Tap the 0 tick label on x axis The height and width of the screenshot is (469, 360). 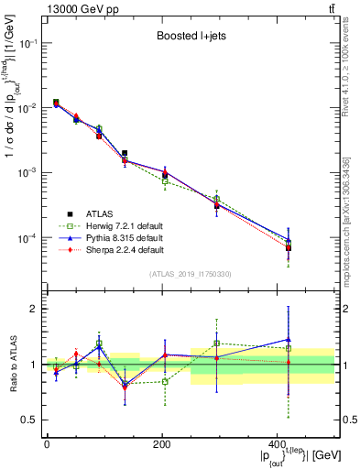47,443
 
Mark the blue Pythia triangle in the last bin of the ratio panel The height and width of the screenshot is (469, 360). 289,340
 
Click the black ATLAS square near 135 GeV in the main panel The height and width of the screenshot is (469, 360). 125,154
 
